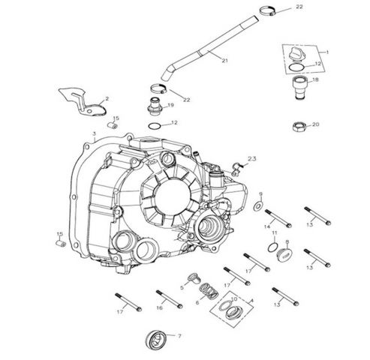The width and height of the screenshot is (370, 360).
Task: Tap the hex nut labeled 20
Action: pyautogui.click(x=296, y=125)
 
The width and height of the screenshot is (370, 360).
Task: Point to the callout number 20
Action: pyautogui.click(x=314, y=124)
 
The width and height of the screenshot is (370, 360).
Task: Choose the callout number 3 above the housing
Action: pyautogui.click(x=94, y=132)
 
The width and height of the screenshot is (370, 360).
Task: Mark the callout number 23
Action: pyautogui.click(x=252, y=159)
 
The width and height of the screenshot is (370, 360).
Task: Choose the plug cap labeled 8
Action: pyautogui.click(x=284, y=256)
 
